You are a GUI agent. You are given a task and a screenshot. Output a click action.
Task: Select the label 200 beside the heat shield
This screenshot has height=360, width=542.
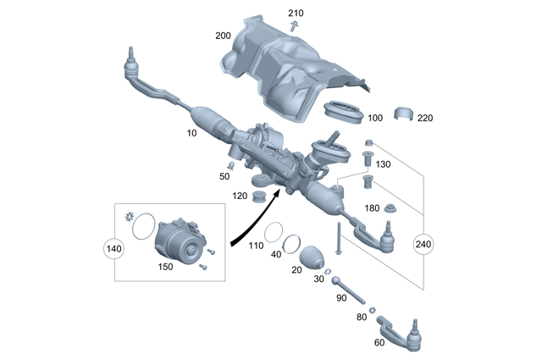click(x=223, y=36)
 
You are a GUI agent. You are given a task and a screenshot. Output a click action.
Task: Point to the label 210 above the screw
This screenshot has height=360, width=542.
click(x=295, y=14)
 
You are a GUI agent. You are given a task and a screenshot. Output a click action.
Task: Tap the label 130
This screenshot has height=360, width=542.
click(x=384, y=165)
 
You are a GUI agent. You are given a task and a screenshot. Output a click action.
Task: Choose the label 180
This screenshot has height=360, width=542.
click(x=372, y=208)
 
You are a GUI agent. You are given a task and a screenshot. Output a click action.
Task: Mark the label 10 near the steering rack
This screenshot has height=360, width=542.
click(x=191, y=134)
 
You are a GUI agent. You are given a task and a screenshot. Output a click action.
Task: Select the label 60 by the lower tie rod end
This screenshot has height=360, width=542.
click(x=379, y=342)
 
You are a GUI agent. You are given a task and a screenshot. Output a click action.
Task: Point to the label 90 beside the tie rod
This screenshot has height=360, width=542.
click(x=341, y=297)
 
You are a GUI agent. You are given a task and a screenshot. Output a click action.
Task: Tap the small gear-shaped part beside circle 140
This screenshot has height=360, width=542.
click(x=129, y=221)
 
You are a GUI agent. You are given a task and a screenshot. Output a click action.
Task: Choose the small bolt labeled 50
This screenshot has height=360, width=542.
click(x=229, y=163)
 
